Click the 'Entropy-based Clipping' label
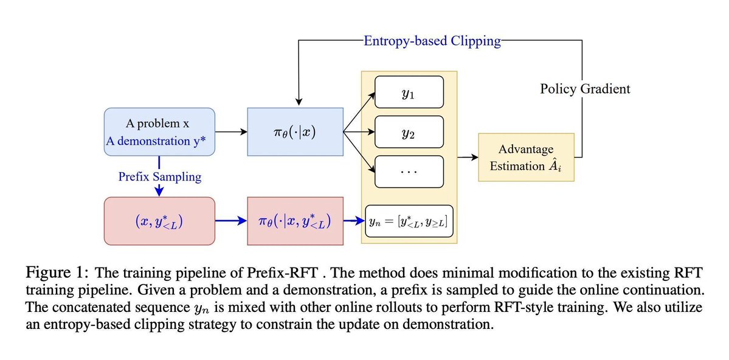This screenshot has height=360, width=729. click(x=432, y=41)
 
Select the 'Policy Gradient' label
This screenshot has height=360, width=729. click(x=585, y=89)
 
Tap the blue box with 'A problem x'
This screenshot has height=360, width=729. click(x=159, y=131)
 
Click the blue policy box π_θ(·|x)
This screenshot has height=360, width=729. click(x=295, y=131)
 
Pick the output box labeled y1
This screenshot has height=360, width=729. click(x=409, y=94)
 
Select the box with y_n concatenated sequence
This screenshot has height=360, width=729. click(x=409, y=223)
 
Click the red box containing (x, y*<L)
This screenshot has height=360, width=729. click(x=159, y=221)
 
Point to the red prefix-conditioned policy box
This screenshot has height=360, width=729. click(x=295, y=221)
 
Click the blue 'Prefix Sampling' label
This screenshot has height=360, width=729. click(x=159, y=178)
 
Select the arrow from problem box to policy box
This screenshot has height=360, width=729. click(x=231, y=131)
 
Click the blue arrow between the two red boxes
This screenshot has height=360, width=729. click(x=231, y=221)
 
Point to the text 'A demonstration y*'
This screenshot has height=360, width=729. click(x=159, y=141)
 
